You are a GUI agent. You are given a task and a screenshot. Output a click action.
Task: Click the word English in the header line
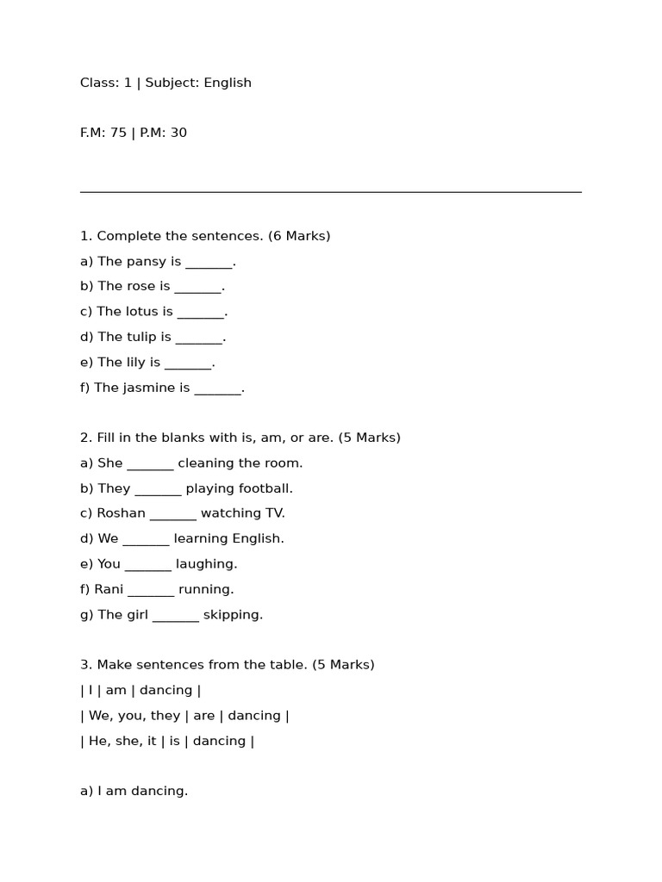228,83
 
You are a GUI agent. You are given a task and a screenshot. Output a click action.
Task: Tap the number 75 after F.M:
118,133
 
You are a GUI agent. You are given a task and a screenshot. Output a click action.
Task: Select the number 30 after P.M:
178,133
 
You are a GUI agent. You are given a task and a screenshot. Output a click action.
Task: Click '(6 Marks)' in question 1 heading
299,236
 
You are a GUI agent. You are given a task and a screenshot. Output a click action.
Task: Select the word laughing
206,564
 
